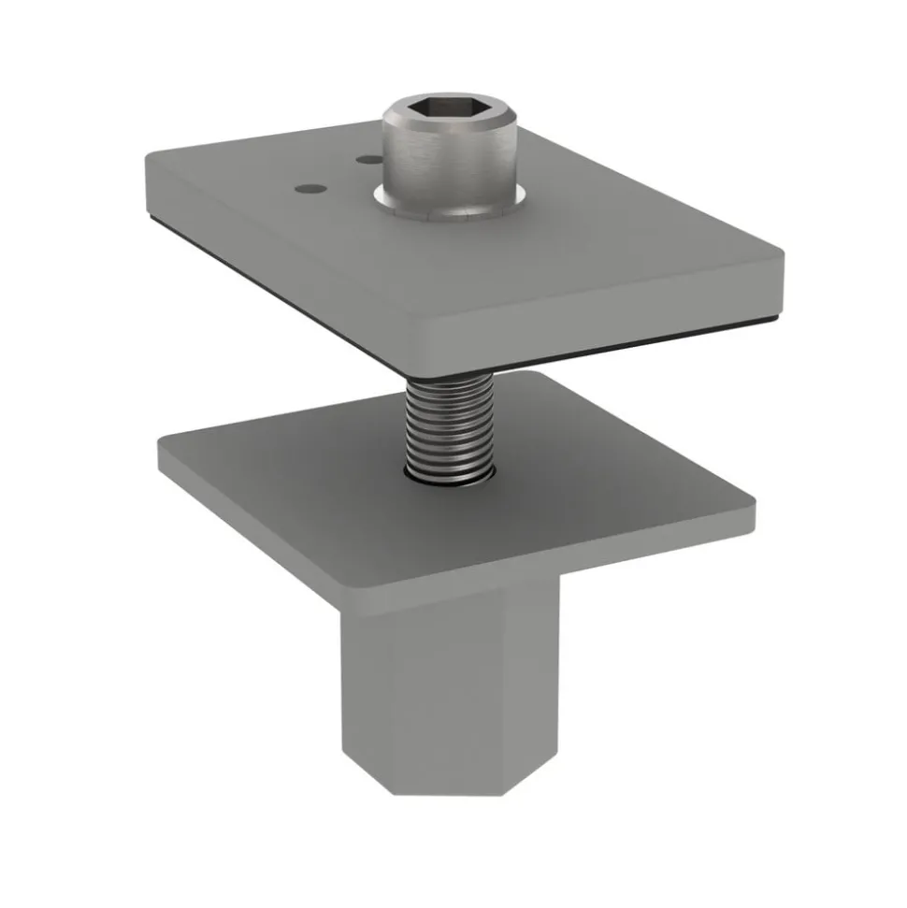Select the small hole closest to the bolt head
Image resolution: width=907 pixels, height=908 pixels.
click(x=366, y=160)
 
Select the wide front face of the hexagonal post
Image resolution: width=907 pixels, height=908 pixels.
click(x=439, y=683)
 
